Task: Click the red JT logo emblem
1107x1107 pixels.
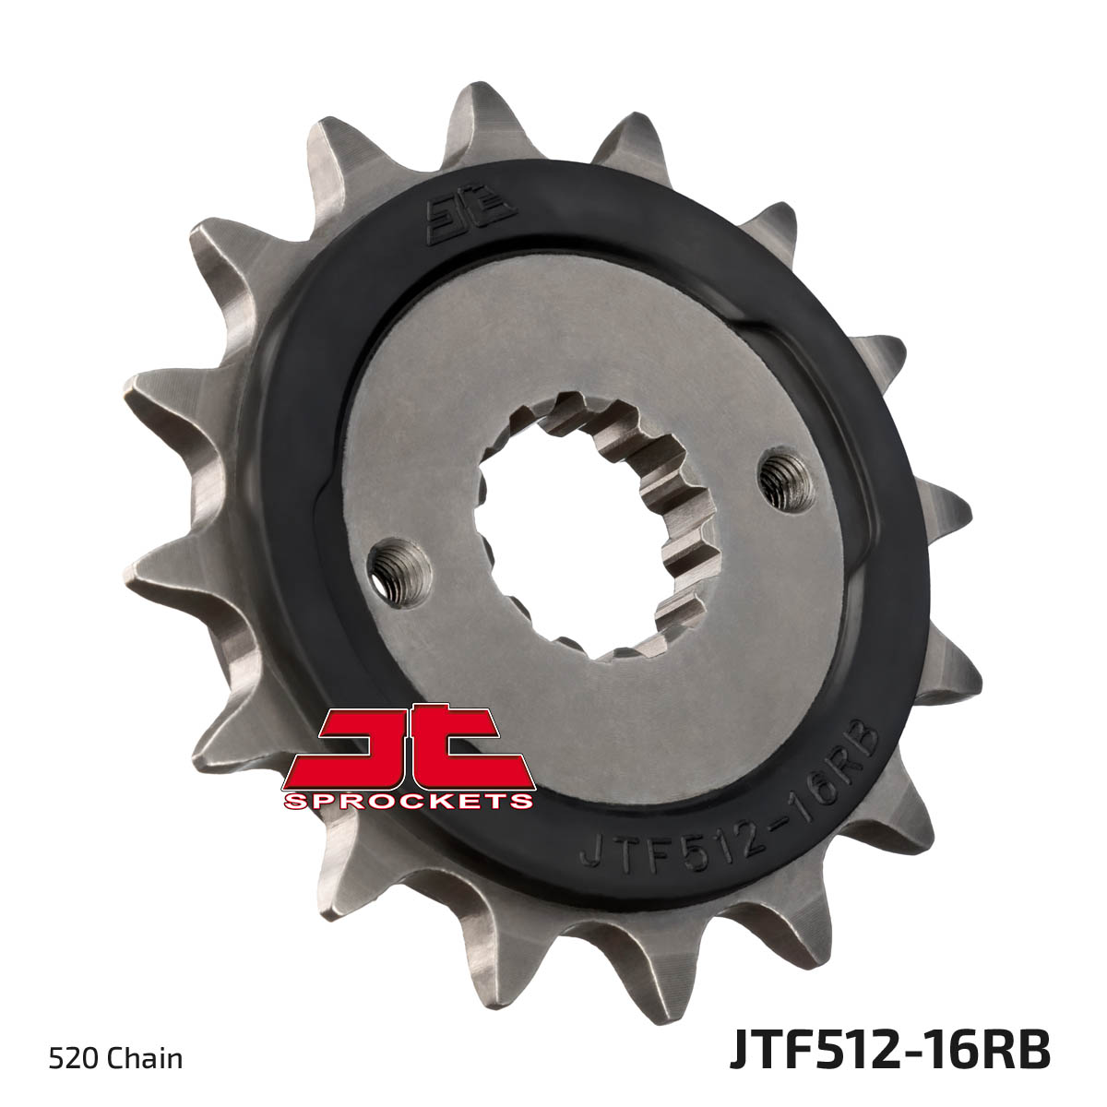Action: point(409,742)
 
